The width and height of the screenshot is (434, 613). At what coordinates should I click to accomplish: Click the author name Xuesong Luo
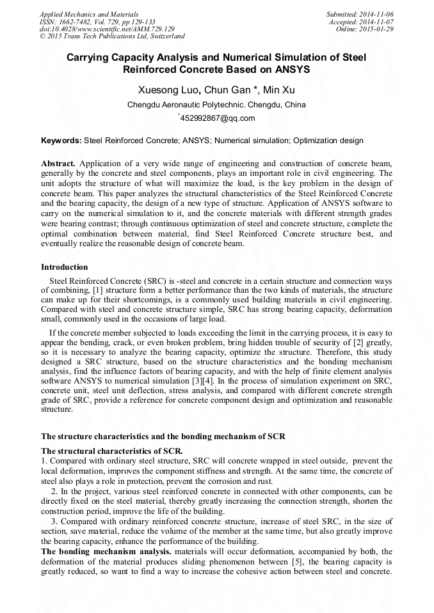point(165,90)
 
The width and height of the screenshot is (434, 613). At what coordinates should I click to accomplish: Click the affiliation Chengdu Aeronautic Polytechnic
point(199,105)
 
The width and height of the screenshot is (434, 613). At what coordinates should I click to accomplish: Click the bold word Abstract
point(58,164)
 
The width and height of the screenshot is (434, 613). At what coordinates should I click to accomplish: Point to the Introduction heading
point(65,267)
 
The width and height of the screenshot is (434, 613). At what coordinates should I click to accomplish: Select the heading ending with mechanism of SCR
point(163,437)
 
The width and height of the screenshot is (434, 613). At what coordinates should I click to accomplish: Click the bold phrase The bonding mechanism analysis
point(106,551)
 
